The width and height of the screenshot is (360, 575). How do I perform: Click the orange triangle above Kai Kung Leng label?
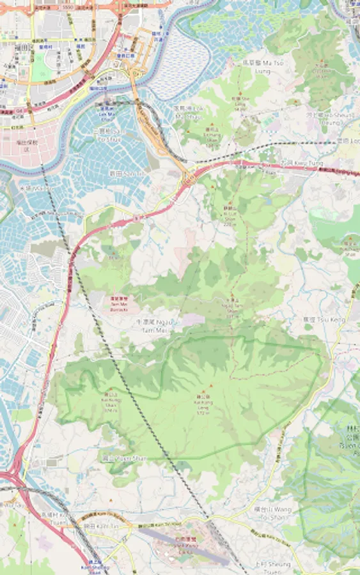click(x=204, y=391)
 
